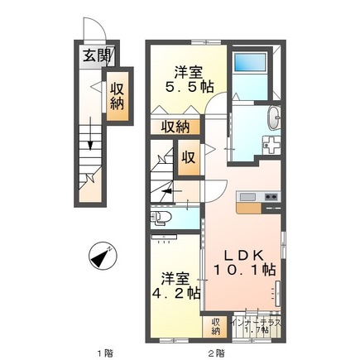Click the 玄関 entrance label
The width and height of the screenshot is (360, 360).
pyautogui.click(x=93, y=57)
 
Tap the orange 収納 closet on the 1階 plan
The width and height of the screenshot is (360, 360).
pyautogui.click(x=118, y=97)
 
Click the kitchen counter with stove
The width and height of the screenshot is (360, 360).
pyautogui.click(x=258, y=196)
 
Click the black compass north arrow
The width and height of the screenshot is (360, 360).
pyautogui.click(x=101, y=257)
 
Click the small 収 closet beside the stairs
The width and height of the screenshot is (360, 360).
pyautogui.click(x=188, y=156)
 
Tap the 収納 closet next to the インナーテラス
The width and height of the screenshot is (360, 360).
pyautogui.click(x=216, y=325)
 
